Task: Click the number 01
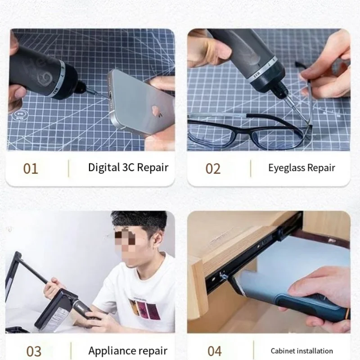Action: (31, 169)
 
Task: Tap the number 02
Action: (213, 169)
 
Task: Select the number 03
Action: (34, 351)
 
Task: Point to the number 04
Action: (215, 351)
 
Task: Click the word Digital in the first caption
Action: (104, 168)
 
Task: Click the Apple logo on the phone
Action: (157, 111)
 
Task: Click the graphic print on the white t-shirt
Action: (144, 309)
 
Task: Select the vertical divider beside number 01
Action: (68, 168)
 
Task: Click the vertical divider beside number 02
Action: (251, 168)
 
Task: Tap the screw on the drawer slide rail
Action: (222, 275)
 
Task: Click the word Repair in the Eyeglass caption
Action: (321, 168)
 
